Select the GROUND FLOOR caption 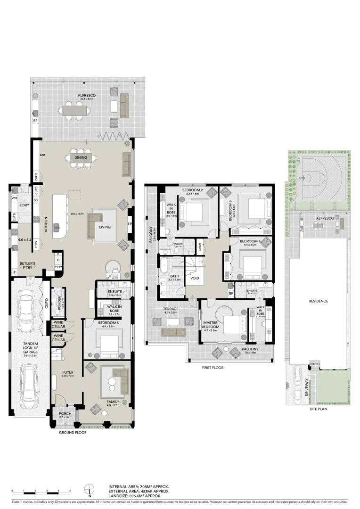point(72,432)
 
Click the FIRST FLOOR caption point(213,368)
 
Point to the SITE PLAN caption point(319,409)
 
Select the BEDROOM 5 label point(106,323)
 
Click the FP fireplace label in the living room point(130,224)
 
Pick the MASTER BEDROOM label point(210,324)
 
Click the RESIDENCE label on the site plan point(318,301)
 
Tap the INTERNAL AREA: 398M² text point(139,486)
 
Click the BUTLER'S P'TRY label point(27,266)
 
